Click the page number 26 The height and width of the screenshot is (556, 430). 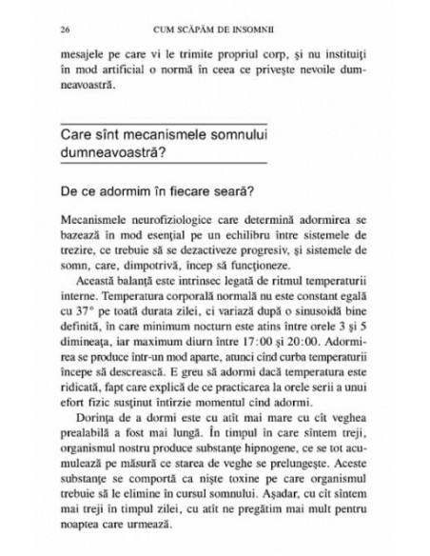point(65,27)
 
